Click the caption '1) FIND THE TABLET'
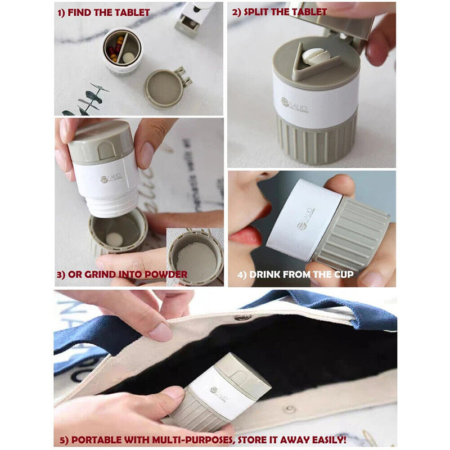(x=104, y=12)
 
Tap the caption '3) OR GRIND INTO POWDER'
(x=123, y=274)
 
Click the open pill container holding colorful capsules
(x=122, y=51)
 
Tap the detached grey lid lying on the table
(x=165, y=88)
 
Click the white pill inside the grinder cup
(x=115, y=238)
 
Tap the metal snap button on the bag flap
(x=242, y=318)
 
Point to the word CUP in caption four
(x=343, y=274)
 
